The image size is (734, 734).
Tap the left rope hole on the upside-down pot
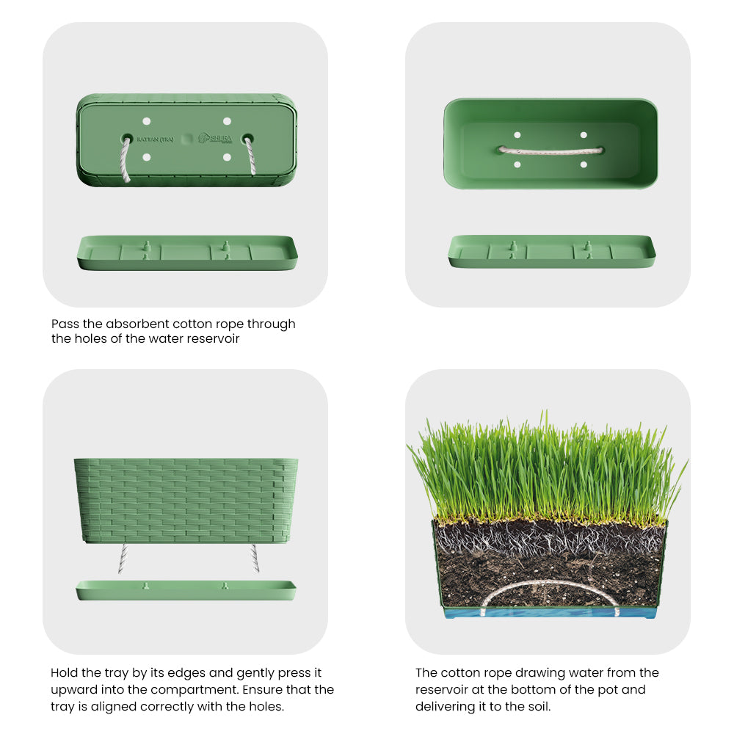click(x=127, y=138)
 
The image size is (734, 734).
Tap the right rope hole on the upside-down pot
click(x=247, y=138)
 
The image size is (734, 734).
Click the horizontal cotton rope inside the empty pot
click(x=550, y=150)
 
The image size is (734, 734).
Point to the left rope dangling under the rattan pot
click(x=123, y=559)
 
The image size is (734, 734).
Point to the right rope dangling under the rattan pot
click(x=255, y=559)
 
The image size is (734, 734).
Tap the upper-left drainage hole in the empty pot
click(x=517, y=135)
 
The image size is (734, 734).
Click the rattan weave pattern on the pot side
click(x=186, y=499)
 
